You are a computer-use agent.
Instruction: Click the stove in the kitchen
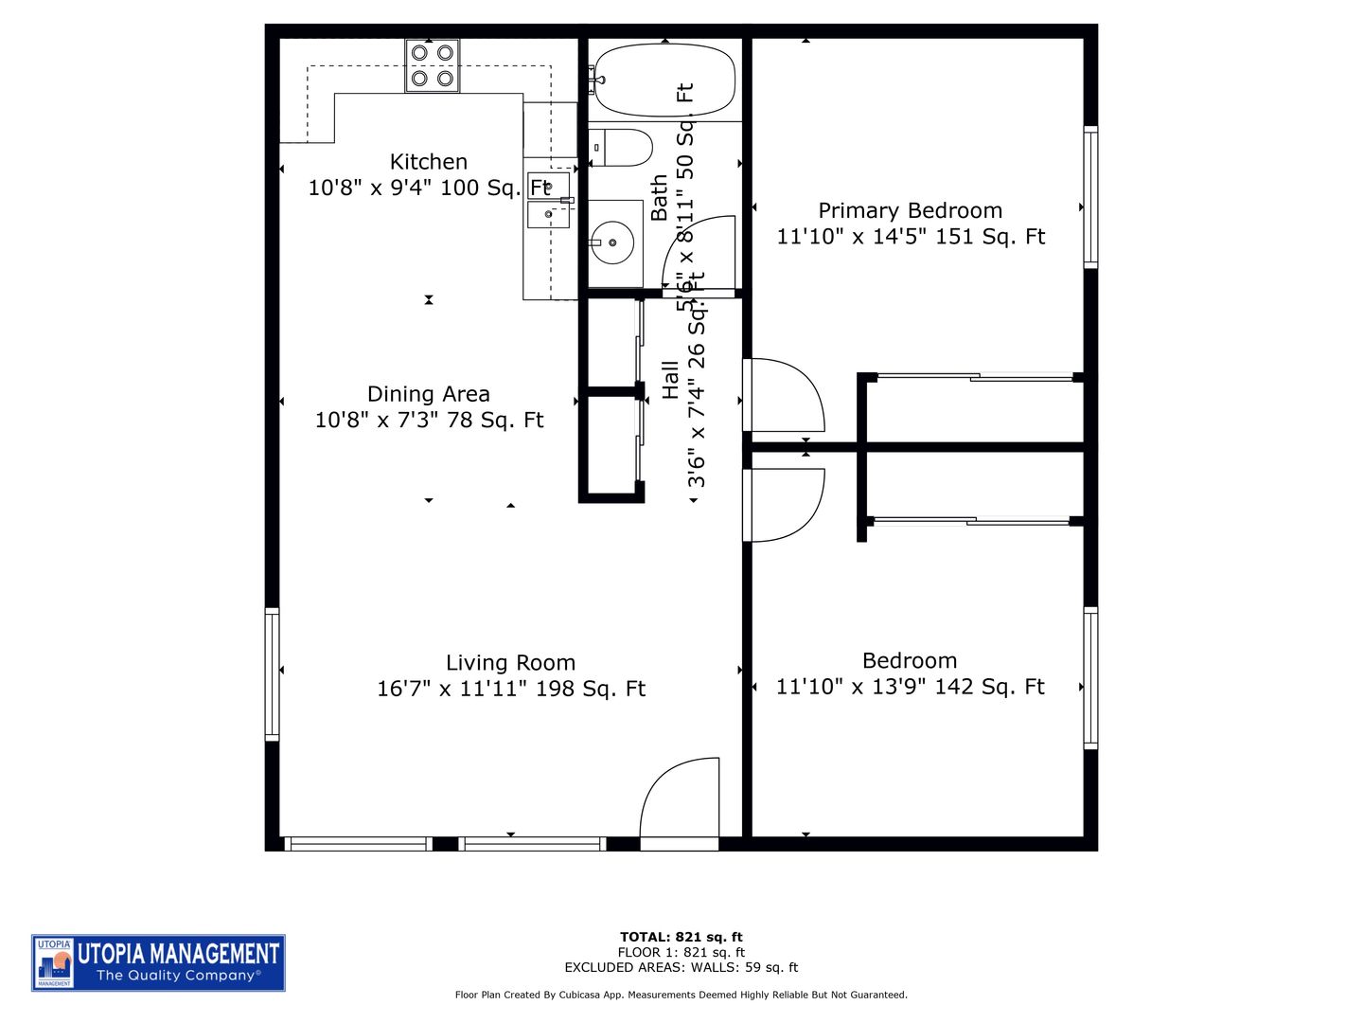pyautogui.click(x=433, y=65)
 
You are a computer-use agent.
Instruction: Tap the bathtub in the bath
pyautogui.click(x=664, y=80)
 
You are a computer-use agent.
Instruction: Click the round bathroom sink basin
pyautogui.click(x=612, y=242)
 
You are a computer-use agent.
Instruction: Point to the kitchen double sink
pyautogui.click(x=549, y=200)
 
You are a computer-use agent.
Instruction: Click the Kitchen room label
pyautogui.click(x=428, y=162)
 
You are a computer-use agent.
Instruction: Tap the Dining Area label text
pyautogui.click(x=428, y=394)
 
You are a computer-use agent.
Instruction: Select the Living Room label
pyautogui.click(x=510, y=663)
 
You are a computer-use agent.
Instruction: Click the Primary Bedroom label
pyautogui.click(x=910, y=210)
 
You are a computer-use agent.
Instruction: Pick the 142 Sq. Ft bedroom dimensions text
pyautogui.click(x=910, y=687)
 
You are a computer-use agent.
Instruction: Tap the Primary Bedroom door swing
pyautogui.click(x=785, y=395)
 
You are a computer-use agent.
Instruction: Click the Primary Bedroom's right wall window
pyautogui.click(x=1090, y=197)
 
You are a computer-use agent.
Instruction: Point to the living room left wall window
pyautogui.click(x=273, y=673)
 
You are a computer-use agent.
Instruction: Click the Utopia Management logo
pyautogui.click(x=158, y=962)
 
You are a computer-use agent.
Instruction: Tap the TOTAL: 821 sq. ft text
pyautogui.click(x=681, y=937)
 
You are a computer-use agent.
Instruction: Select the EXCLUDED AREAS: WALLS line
pyautogui.click(x=681, y=967)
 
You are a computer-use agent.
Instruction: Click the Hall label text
pyautogui.click(x=670, y=380)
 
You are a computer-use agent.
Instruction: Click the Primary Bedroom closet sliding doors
pyautogui.click(x=975, y=378)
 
